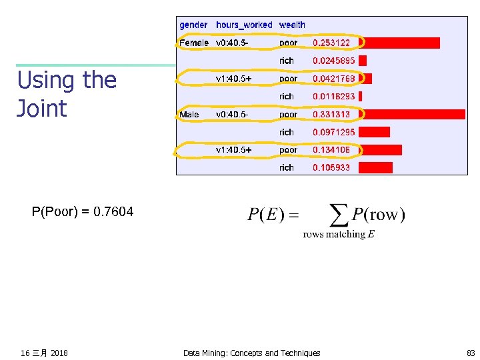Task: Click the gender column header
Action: pyautogui.click(x=193, y=25)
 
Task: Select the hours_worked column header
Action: pyautogui.click(x=244, y=25)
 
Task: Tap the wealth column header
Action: pyautogui.click(x=292, y=25)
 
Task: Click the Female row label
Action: pyautogui.click(x=194, y=43)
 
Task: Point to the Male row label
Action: pyautogui.click(x=189, y=115)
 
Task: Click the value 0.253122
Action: pyautogui.click(x=331, y=43)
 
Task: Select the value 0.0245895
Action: pyautogui.click(x=334, y=61)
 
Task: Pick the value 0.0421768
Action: pyautogui.click(x=334, y=79)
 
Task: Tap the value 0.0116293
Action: pyautogui.click(x=334, y=97)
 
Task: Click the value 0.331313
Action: pyautogui.click(x=331, y=115)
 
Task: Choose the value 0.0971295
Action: pyautogui.click(x=334, y=132)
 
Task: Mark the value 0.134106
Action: pyautogui.click(x=331, y=150)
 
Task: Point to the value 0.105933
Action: pyautogui.click(x=331, y=167)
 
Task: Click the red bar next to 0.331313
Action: pyautogui.click(x=412, y=115)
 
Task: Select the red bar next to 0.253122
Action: pyautogui.click(x=399, y=43)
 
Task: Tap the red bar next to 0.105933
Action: pyautogui.click(x=376, y=167)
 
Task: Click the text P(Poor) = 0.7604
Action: pyautogui.click(x=83, y=212)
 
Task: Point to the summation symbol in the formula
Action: pyautogui.click(x=340, y=214)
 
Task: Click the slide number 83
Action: pyautogui.click(x=471, y=353)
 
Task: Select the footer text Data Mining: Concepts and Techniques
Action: pyautogui.click(x=251, y=353)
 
